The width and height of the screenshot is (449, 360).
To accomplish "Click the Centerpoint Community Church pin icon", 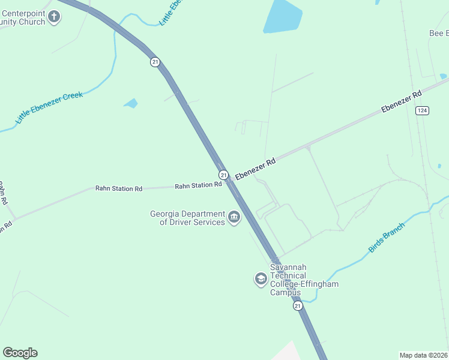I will pyautogui.click(x=54, y=17).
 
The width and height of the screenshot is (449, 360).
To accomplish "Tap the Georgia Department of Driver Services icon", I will pyautogui.click(x=234, y=217).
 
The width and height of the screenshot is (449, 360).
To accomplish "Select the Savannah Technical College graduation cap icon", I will pyautogui.click(x=261, y=279).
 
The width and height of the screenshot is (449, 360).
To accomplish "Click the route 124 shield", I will pyautogui.click(x=423, y=110).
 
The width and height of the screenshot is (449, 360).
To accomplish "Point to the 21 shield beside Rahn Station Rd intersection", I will pyautogui.click(x=223, y=175).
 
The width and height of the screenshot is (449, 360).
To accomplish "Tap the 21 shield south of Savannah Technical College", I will pyautogui.click(x=298, y=306).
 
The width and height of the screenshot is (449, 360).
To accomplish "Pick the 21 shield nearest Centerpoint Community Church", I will pyautogui.click(x=155, y=62).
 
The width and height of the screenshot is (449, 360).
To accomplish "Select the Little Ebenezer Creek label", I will pyautogui.click(x=49, y=107).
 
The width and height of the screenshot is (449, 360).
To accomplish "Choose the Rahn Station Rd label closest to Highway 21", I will pyautogui.click(x=198, y=186).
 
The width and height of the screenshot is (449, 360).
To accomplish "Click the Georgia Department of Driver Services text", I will pyautogui.click(x=187, y=218).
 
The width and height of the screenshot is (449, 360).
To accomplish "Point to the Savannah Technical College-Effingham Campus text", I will pyautogui.click(x=304, y=280).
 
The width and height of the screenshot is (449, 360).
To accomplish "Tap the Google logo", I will pyautogui.click(x=20, y=353).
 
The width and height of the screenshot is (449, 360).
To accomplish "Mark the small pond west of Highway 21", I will pyautogui.click(x=131, y=103).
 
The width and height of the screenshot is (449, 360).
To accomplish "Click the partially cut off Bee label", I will pyautogui.click(x=439, y=33).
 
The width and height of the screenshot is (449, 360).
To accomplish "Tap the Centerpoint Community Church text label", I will pyautogui.click(x=22, y=17).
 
